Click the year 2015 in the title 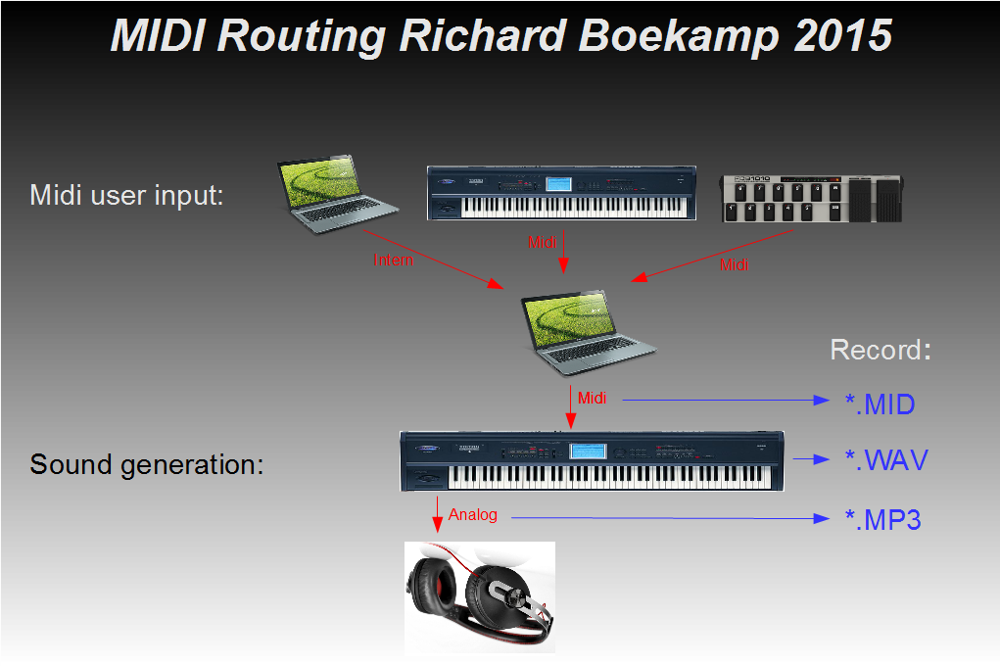pos(843,35)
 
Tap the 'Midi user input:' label pos(127,195)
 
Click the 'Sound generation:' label pos(147,465)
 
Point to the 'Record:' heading pos(881,350)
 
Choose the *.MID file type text pos(881,404)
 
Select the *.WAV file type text pos(886,460)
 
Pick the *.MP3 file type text pos(883,520)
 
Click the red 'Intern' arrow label pos(394,261)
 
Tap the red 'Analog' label pos(473,515)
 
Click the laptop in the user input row pos(337,193)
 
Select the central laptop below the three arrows pos(588,332)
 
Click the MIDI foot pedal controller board pos(811,199)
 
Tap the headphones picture pos(480,597)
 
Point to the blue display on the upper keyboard pos(558,184)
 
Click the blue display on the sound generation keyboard pos(588,451)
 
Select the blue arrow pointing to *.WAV pos(811,459)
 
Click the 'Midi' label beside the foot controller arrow pos(734,264)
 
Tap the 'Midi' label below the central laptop pos(592,398)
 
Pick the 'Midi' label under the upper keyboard pos(542,243)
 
